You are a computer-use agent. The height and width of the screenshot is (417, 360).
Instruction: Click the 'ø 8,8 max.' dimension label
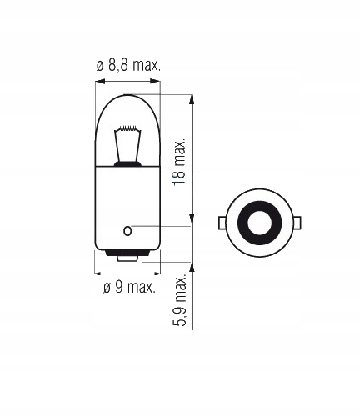point(128,65)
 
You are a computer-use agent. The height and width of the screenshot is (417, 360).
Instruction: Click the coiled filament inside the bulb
point(127,131)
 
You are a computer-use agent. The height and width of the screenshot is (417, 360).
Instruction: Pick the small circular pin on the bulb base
point(127,229)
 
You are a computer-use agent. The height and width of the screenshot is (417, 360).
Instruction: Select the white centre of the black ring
point(258,223)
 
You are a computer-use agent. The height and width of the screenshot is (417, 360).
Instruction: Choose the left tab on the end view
point(222,223)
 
